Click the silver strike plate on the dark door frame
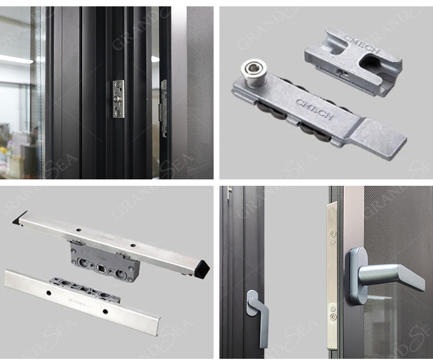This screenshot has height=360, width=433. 118,99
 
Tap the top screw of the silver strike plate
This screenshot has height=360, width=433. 118,86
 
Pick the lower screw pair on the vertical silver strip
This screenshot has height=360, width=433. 333,315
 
